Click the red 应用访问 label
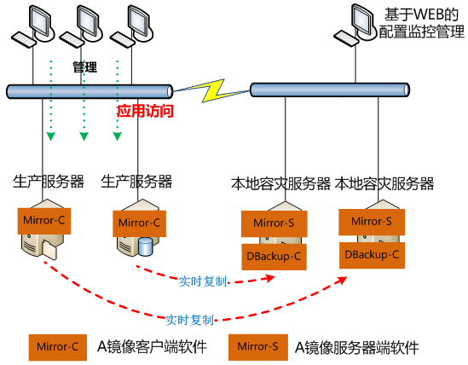145,111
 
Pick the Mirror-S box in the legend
257,347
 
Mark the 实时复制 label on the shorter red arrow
204,281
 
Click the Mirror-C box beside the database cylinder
139,223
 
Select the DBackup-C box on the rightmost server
372,253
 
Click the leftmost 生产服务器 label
49,181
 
